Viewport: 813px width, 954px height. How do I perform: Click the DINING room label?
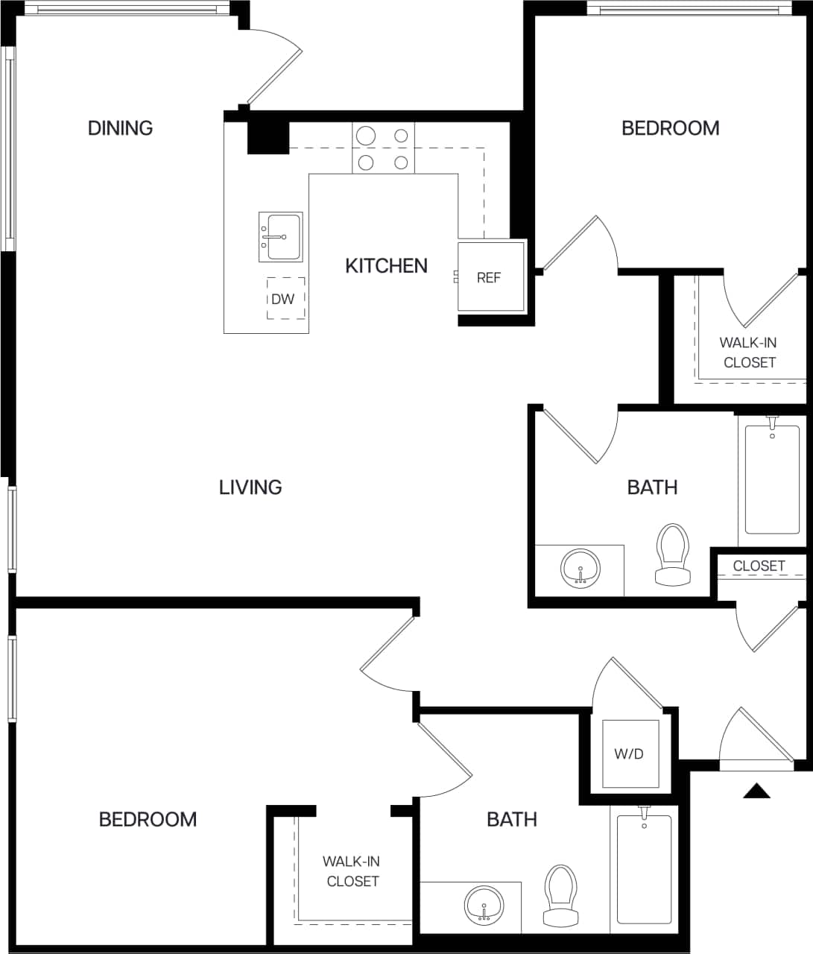point(120,128)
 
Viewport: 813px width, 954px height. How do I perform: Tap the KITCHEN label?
point(386,265)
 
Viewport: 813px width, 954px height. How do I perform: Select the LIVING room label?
point(250,487)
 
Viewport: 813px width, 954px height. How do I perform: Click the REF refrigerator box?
point(490,277)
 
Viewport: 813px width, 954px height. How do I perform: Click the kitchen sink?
point(280,237)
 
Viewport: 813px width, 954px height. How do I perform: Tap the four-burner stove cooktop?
point(383,148)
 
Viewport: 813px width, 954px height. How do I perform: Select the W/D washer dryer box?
point(630,754)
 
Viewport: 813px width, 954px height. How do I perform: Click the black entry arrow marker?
point(756,792)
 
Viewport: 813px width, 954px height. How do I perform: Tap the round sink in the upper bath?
point(580,569)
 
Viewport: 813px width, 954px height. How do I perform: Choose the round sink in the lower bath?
point(484,906)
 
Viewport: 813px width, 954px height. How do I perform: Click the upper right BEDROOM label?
point(670,128)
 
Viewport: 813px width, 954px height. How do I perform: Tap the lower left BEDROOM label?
point(148,819)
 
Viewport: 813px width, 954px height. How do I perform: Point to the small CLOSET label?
point(759,566)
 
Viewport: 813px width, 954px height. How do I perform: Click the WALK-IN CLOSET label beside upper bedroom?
point(749,353)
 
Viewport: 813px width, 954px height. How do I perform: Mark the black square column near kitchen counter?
point(268,137)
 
